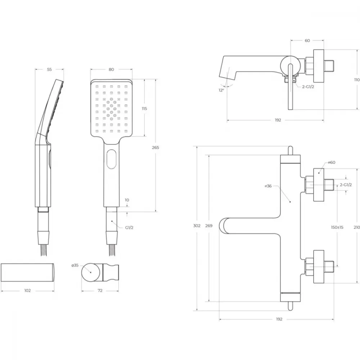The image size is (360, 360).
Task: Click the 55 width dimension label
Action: click(49, 69)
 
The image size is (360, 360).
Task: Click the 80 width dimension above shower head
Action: click(111, 69)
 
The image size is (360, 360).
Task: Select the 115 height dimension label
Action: click(144, 108)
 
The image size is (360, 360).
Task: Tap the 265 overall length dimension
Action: click(156, 147)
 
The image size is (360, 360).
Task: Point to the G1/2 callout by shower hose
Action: click(129, 228)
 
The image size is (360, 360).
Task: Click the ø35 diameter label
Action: click(75, 265)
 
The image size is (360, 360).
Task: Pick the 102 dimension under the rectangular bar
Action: click(28, 291)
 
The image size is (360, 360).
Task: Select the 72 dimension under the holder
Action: click(100, 291)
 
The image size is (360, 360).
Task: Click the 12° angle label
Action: click(221, 90)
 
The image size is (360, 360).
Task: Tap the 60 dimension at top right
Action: click(307, 41)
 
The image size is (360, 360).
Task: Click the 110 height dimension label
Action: click(357, 80)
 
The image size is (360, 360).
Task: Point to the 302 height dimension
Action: click(197, 226)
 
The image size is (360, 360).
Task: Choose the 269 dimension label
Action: click(209, 226)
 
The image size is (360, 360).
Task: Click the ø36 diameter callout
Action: click(268, 186)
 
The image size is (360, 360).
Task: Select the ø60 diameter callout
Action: click(332, 162)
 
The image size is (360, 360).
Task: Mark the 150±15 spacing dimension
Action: click(337, 227)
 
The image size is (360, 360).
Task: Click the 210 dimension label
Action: click(357, 227)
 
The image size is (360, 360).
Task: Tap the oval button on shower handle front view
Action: click(111, 159)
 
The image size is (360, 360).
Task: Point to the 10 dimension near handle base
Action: click(127, 200)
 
